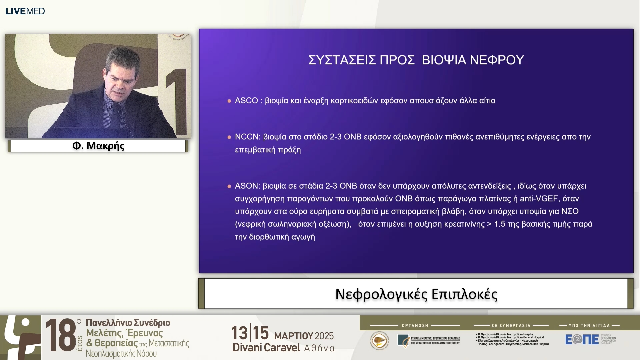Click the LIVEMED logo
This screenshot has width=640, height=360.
[25, 11]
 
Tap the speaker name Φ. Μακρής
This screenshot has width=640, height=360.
[98, 146]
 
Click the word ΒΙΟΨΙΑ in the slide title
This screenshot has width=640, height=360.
[444, 60]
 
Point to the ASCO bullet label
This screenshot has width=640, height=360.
[246, 100]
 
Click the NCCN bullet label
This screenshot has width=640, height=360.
[247, 137]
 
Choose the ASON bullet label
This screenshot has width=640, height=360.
[247, 186]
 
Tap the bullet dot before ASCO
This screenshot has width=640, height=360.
[229, 101]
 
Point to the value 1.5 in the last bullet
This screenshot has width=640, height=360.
[500, 224]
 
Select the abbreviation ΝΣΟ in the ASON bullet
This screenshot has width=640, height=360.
[570, 211]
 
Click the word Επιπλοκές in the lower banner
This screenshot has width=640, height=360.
[464, 294]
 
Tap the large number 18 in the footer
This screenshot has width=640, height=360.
[61, 335]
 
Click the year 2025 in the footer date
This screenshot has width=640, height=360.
[324, 336]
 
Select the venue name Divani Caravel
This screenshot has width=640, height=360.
[266, 348]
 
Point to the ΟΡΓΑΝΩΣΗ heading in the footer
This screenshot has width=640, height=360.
[415, 325]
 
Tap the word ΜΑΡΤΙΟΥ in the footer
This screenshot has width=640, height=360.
[293, 336]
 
